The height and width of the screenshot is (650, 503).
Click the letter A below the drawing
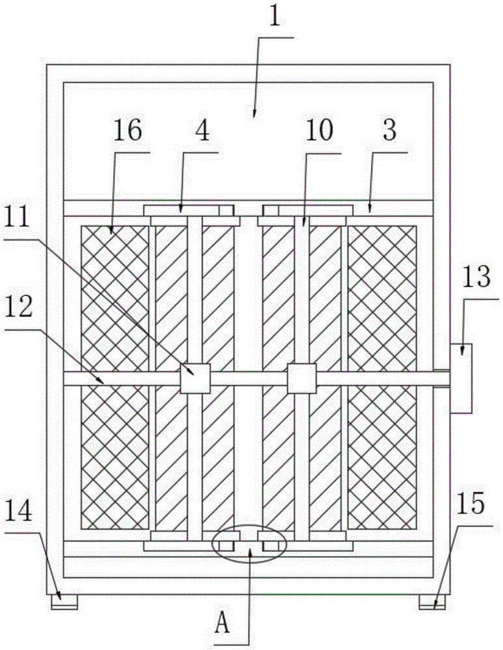[x=223, y=625]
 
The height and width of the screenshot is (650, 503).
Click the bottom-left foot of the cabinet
[x=64, y=603]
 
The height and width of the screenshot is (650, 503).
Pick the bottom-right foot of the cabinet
[x=432, y=603]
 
